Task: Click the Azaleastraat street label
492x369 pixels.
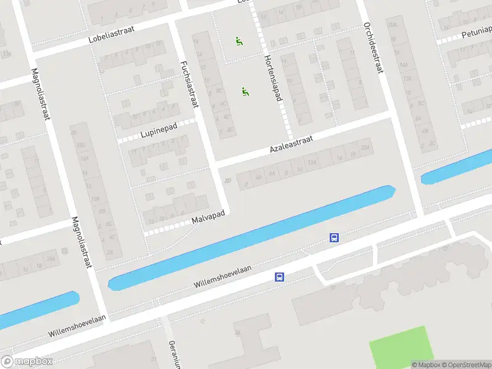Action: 291,146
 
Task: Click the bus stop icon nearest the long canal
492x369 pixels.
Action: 334,237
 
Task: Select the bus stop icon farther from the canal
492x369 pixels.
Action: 279,277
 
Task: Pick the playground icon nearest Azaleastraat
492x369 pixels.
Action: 245,92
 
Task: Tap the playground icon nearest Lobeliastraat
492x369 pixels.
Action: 239,42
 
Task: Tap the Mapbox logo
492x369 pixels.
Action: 27,361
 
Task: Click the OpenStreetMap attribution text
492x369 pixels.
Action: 465,365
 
